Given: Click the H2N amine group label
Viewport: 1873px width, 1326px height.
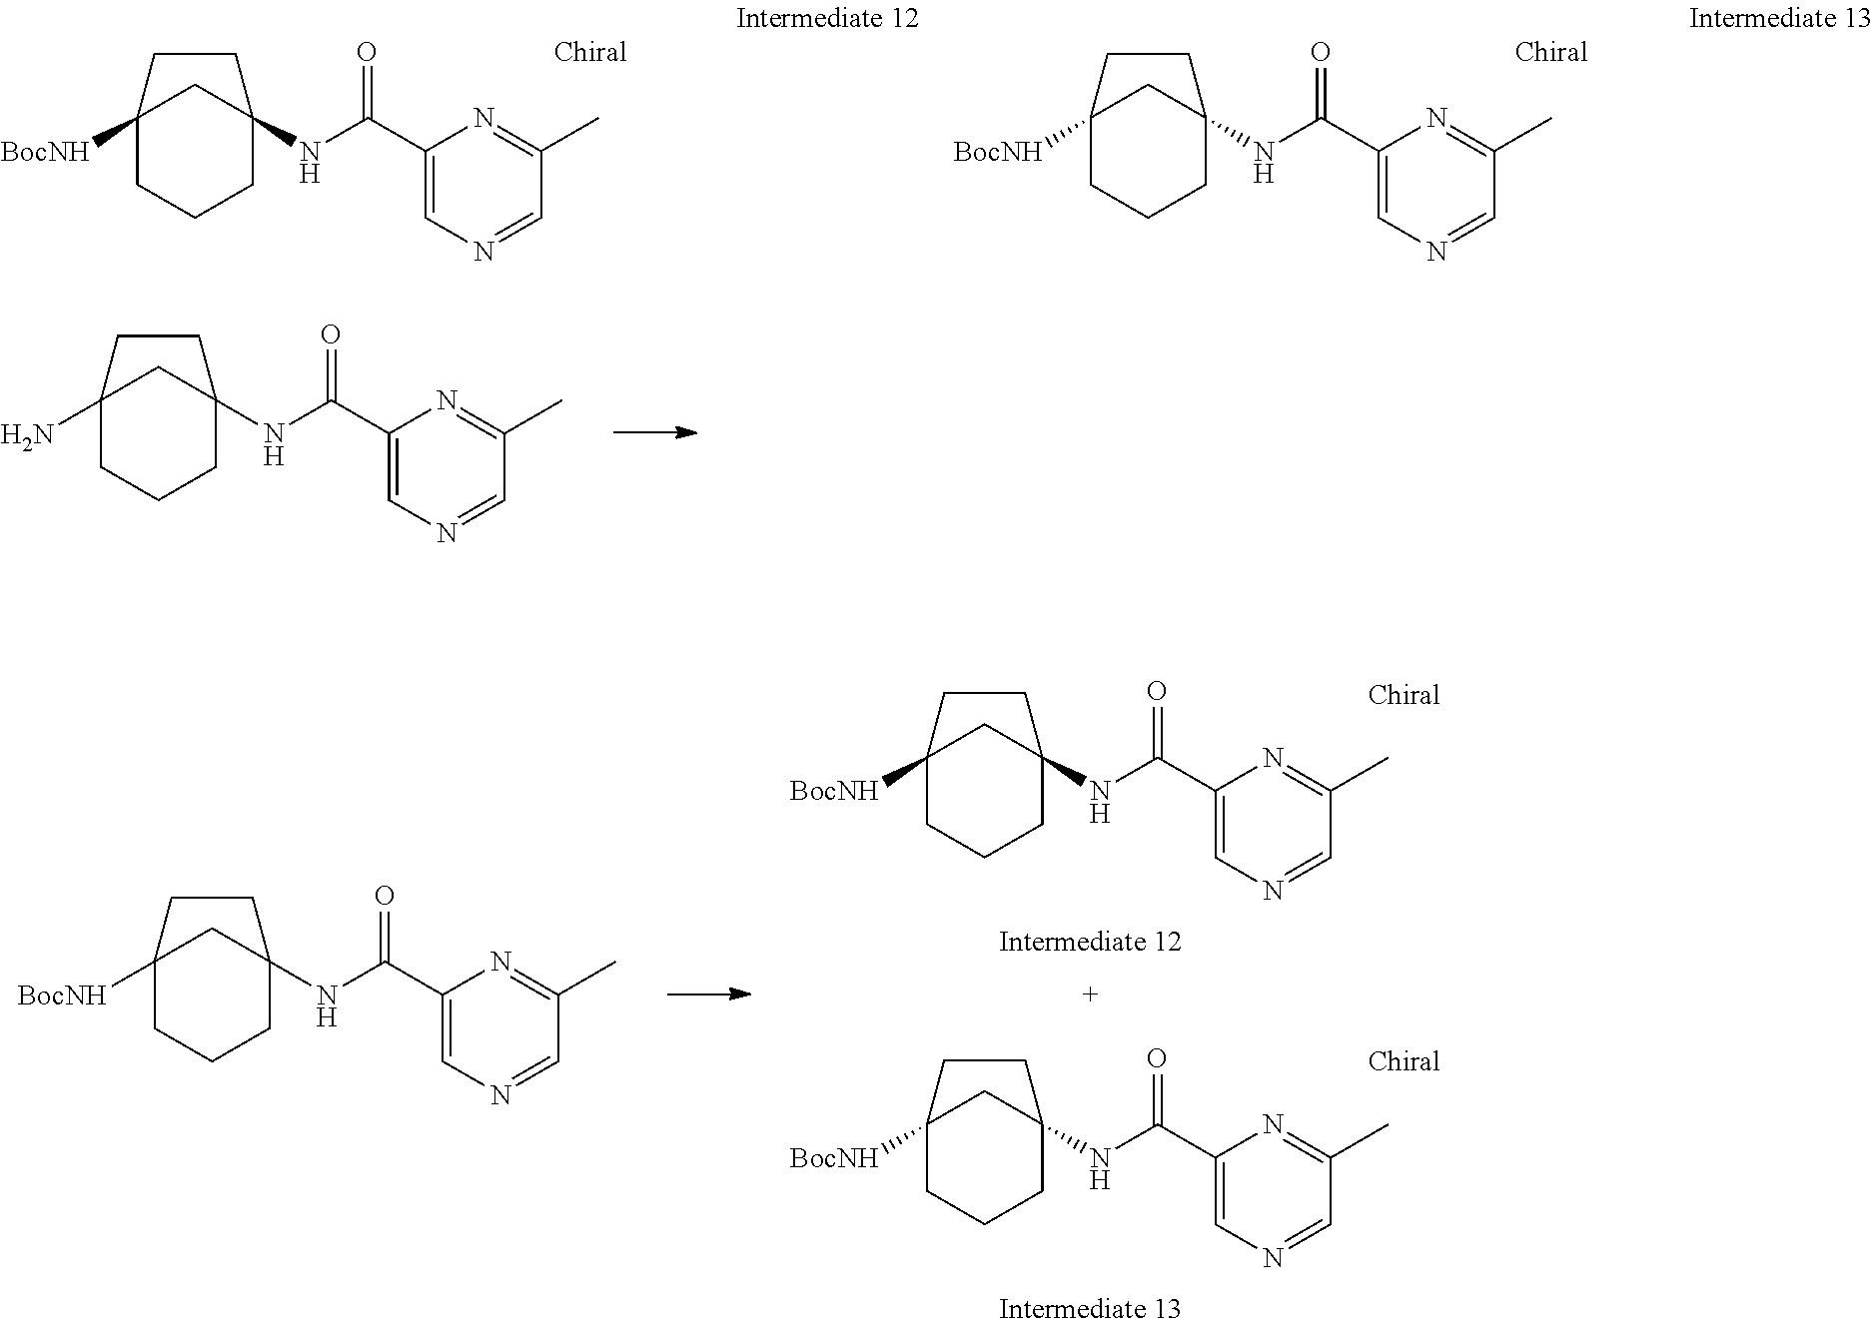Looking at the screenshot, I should tap(28, 436).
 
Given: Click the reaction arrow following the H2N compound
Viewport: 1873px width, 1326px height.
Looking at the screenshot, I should tap(654, 432).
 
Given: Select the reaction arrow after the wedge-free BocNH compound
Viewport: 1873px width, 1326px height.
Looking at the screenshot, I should tap(708, 994).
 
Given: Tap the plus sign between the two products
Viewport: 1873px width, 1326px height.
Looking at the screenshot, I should tap(1090, 994).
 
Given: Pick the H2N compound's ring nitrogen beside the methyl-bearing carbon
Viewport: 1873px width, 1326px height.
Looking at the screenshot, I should tap(446, 401).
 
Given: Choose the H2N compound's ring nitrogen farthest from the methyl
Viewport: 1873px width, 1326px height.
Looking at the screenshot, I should tap(446, 532).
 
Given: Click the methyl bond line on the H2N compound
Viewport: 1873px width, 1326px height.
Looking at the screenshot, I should tap(532, 416).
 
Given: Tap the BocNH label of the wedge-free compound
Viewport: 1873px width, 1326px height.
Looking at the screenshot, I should tap(62, 995).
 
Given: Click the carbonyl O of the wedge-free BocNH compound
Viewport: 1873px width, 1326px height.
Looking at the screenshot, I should tap(385, 896).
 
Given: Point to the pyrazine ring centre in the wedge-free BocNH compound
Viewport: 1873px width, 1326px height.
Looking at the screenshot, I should tap(499, 1028).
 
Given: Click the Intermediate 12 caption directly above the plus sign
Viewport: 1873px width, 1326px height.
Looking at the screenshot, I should tap(1090, 942).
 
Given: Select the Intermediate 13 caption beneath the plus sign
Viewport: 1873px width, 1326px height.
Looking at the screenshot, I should tap(1090, 1309).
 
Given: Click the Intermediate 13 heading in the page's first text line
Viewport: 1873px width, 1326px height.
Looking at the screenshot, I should tap(1778, 19).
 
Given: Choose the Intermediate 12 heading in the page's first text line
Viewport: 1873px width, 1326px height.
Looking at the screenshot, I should tap(827, 19).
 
